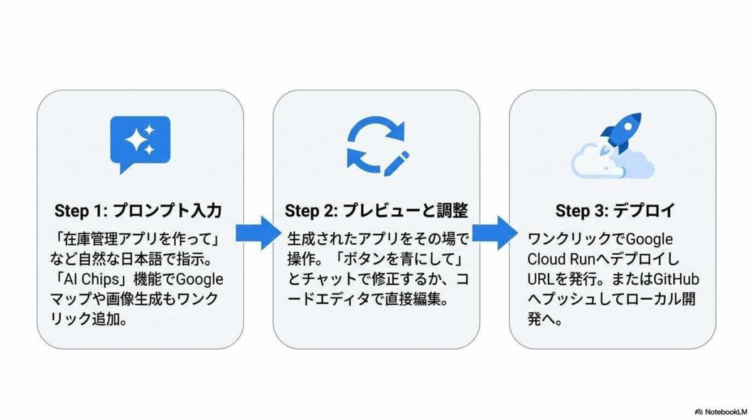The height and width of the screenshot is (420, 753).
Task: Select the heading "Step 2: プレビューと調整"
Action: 376,210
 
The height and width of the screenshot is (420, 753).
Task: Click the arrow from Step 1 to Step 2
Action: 258,233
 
